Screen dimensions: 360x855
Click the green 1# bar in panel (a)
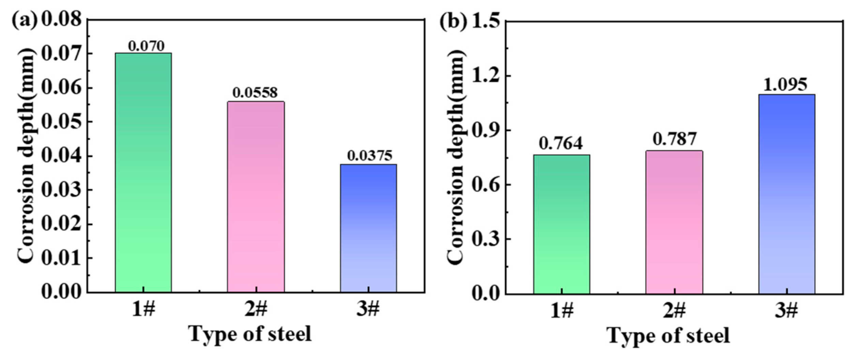pyautogui.click(x=143, y=172)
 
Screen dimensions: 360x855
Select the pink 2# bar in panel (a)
pyautogui.click(x=256, y=197)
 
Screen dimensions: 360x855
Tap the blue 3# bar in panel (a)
pyautogui.click(x=368, y=228)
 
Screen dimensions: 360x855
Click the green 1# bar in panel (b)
pyautogui.click(x=561, y=224)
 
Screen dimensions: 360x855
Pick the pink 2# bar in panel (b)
pyautogui.click(x=674, y=222)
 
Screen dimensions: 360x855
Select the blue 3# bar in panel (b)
pyautogui.click(x=787, y=194)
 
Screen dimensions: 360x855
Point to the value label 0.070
pyautogui.click(x=146, y=46)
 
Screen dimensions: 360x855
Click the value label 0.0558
pyautogui.click(x=255, y=92)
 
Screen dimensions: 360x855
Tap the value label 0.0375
pyautogui.click(x=370, y=156)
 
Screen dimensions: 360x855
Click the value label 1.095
pyautogui.click(x=785, y=85)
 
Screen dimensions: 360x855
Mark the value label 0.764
pyautogui.click(x=561, y=143)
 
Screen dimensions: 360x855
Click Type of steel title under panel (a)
pyautogui.click(x=250, y=334)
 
